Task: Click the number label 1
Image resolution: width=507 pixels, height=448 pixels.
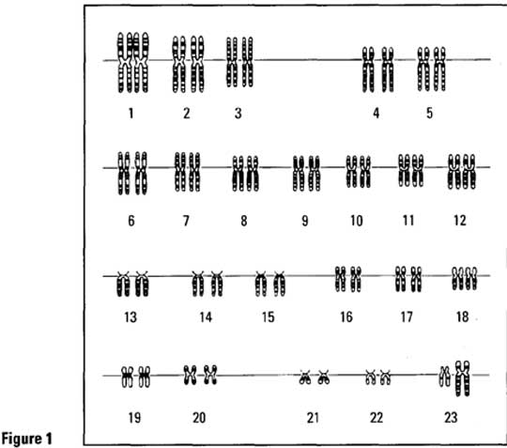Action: tap(131, 114)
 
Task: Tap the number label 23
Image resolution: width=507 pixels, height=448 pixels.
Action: tap(451, 417)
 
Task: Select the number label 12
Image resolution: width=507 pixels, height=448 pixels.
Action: tap(460, 221)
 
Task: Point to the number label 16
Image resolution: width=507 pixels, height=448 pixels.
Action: tap(346, 317)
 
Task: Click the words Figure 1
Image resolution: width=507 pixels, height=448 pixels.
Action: tap(26, 439)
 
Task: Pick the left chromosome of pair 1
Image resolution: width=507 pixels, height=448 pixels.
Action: tap(125, 62)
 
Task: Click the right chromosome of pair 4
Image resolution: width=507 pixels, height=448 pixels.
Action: tap(388, 70)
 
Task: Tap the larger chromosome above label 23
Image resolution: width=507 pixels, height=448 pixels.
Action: tap(462, 378)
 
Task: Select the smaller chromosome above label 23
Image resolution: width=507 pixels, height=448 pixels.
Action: tap(445, 377)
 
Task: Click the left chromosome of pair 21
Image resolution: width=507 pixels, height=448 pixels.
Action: tap(304, 378)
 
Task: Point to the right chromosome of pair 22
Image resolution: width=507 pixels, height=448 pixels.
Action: tap(385, 378)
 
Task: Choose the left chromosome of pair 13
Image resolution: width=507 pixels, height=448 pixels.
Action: tap(123, 284)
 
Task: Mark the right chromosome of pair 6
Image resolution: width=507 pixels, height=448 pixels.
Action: tap(141, 174)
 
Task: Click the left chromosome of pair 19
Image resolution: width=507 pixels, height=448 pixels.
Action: tap(127, 377)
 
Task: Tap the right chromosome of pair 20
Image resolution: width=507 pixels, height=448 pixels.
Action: tap(210, 375)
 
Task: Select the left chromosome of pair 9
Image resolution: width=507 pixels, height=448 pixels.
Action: tap(299, 174)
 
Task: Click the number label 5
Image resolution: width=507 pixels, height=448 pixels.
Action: tap(429, 113)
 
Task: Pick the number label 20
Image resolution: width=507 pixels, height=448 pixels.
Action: tap(199, 418)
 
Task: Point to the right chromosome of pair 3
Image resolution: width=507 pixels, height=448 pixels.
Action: tap(247, 62)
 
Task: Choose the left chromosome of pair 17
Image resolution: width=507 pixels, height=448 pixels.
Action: tap(401, 279)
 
